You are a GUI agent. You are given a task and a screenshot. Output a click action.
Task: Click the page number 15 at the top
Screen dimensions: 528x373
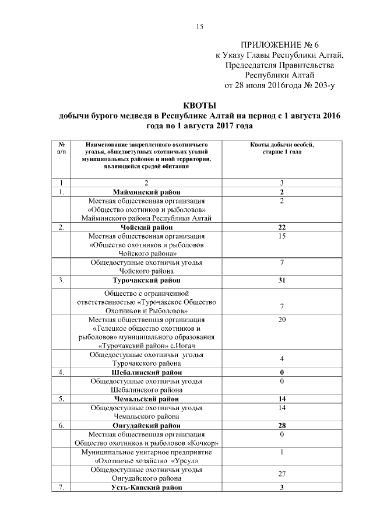[x=199, y=26]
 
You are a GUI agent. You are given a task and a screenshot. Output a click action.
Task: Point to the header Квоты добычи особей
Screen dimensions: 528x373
[x=281, y=147]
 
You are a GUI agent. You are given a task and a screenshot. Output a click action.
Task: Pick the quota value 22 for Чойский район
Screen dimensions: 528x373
[x=281, y=227]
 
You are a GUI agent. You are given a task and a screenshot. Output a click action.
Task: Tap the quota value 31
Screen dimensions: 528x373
[x=281, y=281]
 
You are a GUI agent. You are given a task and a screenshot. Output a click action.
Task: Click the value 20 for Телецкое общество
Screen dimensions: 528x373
[x=281, y=320]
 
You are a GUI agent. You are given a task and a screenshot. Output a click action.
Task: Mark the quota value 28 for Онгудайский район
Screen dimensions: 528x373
[x=281, y=426]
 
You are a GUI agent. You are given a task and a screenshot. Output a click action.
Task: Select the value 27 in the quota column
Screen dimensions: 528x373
[x=281, y=474]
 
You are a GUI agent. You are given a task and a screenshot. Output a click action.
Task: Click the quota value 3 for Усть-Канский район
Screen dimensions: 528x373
[x=281, y=487]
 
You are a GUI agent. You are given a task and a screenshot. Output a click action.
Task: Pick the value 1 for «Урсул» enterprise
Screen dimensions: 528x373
[x=281, y=452]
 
